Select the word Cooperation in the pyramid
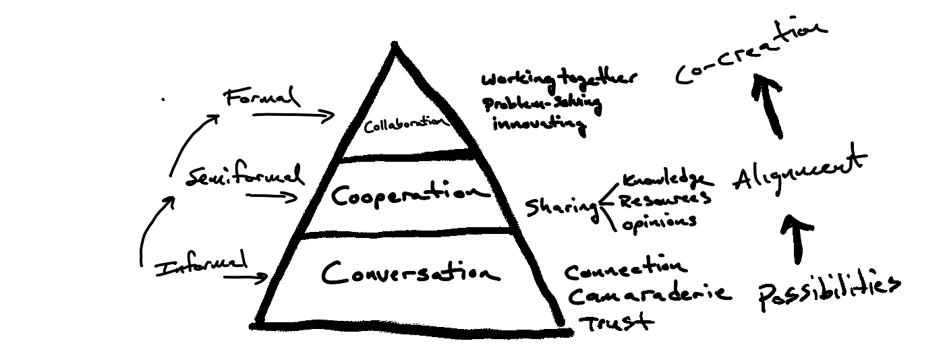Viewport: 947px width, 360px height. [x=409, y=196]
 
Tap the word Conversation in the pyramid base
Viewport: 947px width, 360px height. [x=410, y=273]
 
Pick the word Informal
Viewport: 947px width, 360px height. [x=201, y=266]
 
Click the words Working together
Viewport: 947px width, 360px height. [x=558, y=80]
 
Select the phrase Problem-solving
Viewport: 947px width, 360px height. [x=541, y=104]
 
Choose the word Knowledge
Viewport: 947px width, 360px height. [x=664, y=181]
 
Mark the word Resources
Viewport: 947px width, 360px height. [x=664, y=201]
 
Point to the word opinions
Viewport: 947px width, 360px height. [x=659, y=222]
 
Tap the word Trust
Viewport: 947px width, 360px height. [x=616, y=322]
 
